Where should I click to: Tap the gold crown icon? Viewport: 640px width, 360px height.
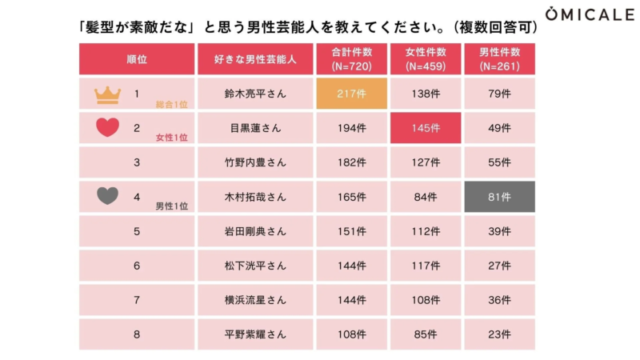pos(106,95)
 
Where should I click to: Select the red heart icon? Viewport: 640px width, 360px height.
pos(107,127)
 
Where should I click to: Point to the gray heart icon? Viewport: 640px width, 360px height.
pos(107,196)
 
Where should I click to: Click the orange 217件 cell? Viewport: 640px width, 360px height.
pos(352,94)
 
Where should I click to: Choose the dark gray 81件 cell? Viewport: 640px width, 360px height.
pos(499,197)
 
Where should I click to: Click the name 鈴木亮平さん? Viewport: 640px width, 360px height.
pos(255,94)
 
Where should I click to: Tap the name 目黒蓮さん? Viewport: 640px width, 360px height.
pos(255,128)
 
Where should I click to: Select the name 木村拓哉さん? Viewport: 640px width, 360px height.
pos(255,197)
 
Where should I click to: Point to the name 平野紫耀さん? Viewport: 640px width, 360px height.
pos(255,334)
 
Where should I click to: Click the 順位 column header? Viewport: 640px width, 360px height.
pos(137,59)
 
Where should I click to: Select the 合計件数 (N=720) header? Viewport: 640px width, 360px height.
pos(352,59)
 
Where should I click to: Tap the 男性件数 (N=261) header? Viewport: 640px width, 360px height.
pos(499,59)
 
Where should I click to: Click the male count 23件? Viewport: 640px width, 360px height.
pos(499,334)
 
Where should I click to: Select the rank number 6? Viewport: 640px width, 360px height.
pos(137,266)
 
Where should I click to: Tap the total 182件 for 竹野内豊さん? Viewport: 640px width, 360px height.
pos(352,162)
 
